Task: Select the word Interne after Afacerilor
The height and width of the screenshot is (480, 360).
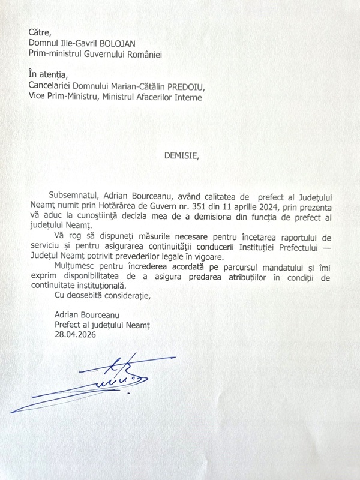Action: click(x=185, y=97)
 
